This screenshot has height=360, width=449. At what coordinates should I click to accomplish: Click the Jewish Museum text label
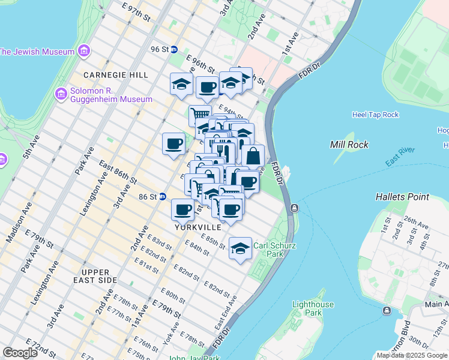[x=37, y=51]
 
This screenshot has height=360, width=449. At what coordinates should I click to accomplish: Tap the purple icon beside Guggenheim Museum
[x=61, y=94]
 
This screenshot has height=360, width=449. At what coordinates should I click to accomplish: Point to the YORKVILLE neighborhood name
[x=198, y=228]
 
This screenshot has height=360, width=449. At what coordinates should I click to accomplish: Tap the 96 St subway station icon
[x=174, y=49]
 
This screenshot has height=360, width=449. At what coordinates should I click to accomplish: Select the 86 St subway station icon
[x=163, y=196]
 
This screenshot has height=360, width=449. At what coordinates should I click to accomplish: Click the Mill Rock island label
[x=349, y=145]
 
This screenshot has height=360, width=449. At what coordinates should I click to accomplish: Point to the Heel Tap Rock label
[x=375, y=115]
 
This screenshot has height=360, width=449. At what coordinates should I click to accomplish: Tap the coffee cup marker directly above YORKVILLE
[x=182, y=209]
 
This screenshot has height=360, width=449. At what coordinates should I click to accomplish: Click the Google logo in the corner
[x=20, y=353]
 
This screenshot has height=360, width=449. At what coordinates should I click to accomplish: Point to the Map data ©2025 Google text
[x=412, y=355]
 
